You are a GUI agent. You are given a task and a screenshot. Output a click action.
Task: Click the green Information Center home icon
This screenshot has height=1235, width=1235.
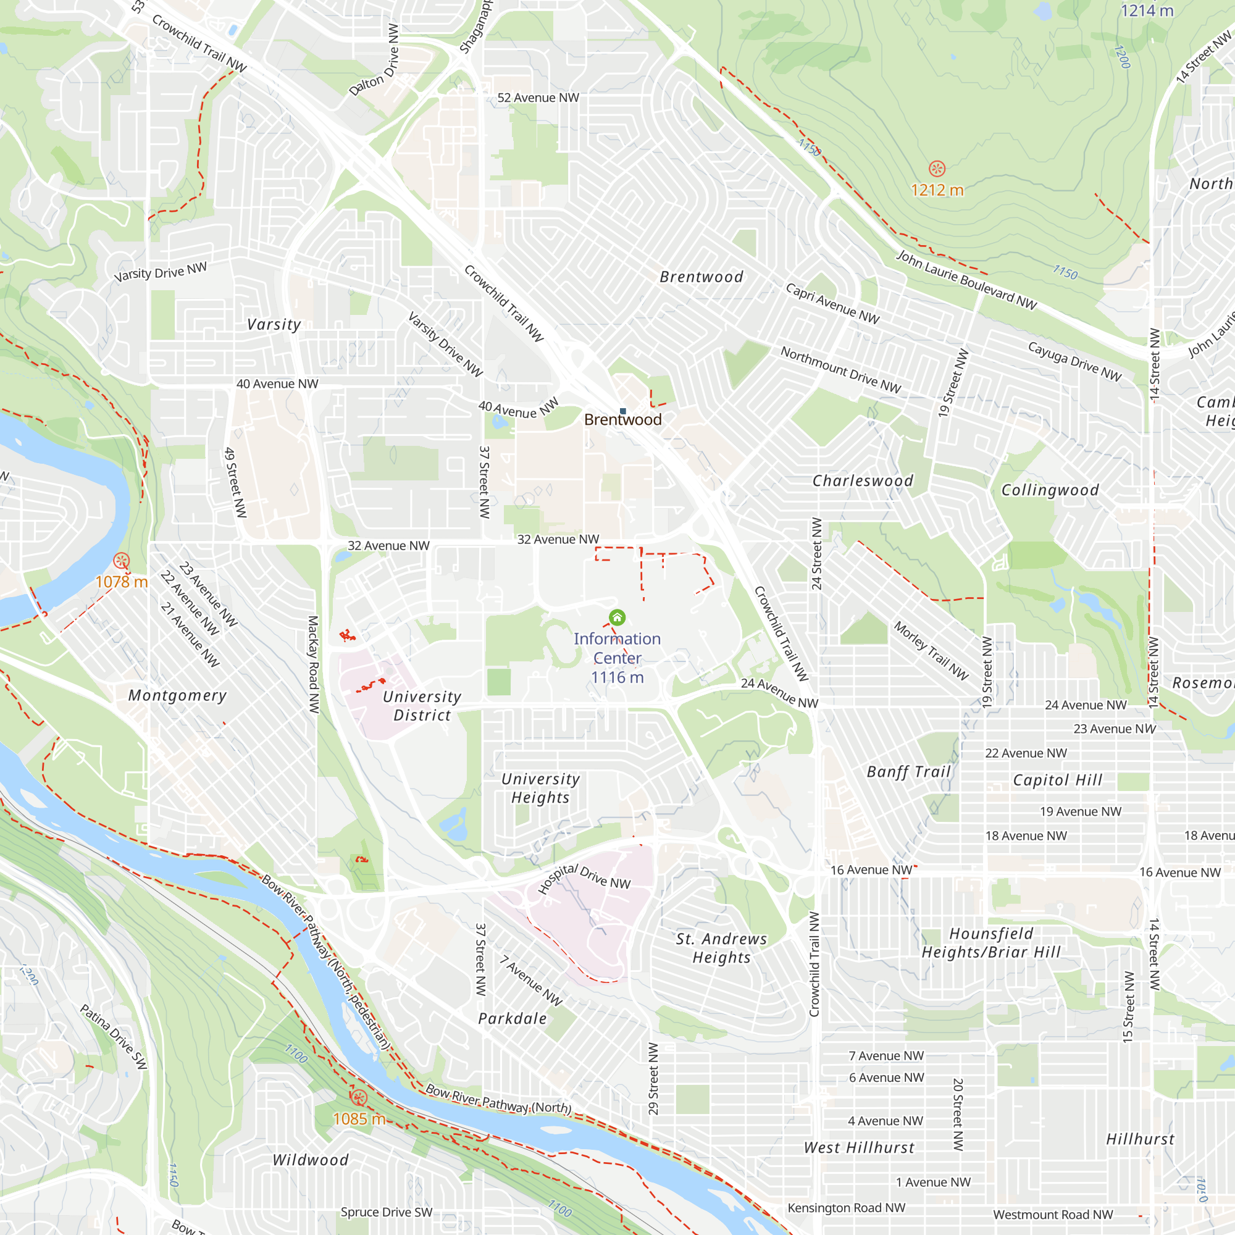[x=617, y=617]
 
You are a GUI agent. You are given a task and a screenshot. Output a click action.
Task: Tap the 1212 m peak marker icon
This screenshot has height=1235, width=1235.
[x=937, y=169]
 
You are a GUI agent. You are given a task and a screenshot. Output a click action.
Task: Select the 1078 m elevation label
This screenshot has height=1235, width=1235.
[x=122, y=582]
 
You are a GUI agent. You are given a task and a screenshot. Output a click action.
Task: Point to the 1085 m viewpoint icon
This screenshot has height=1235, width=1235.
[x=359, y=1097]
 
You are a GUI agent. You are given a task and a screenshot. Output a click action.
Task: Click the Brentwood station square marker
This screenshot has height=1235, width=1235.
[x=622, y=411]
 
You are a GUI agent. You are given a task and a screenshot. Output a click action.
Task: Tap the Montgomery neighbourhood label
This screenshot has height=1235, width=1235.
[x=178, y=695]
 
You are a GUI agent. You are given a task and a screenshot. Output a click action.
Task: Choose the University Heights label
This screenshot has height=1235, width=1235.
[x=540, y=788]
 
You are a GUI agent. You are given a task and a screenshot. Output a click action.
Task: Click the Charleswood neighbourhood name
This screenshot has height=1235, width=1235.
[x=862, y=480]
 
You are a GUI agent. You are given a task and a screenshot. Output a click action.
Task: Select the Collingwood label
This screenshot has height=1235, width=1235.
[x=1050, y=490]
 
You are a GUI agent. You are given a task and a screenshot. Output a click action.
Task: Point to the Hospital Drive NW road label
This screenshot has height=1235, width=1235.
[x=584, y=878]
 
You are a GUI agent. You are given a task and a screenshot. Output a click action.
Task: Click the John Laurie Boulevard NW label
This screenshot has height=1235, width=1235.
[x=966, y=280]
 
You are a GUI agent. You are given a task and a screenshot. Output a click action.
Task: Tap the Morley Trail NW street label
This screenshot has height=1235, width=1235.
[x=931, y=650]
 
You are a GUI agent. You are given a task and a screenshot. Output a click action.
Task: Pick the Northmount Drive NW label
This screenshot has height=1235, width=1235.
[x=840, y=370]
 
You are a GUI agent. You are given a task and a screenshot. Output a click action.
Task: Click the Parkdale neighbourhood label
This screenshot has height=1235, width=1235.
[x=512, y=1019]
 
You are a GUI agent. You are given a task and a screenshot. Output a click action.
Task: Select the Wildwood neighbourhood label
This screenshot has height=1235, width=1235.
[x=311, y=1160]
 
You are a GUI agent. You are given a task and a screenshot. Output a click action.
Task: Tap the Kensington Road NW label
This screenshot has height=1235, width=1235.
[x=847, y=1207]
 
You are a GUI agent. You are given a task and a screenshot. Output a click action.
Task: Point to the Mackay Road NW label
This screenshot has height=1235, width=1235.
[x=313, y=664]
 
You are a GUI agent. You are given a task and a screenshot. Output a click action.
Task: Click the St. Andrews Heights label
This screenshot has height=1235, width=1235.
[x=721, y=948]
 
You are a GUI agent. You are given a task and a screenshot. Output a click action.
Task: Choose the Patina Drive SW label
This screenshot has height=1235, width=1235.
[x=114, y=1036]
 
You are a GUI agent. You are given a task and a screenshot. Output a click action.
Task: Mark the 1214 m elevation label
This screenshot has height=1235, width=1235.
[x=1147, y=10]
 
